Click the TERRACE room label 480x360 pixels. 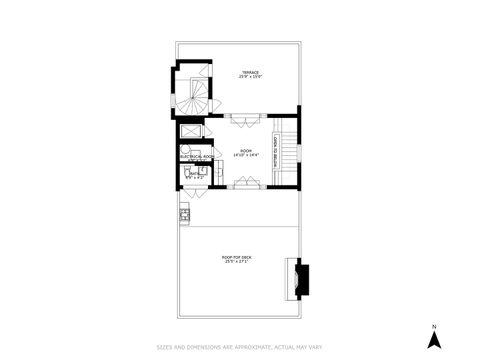pos(249,72)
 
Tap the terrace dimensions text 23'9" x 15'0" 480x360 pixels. pos(249,77)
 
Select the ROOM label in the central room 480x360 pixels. pos(245,150)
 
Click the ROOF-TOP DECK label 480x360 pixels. pos(237,257)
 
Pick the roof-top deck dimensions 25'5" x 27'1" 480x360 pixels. pos(237,262)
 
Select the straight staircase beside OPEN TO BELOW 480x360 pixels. pos(289,155)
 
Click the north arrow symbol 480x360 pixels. pos(434,340)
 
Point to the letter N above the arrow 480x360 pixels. pos(434,326)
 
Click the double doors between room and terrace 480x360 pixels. pos(245,117)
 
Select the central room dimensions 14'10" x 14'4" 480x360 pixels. pos(245,155)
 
